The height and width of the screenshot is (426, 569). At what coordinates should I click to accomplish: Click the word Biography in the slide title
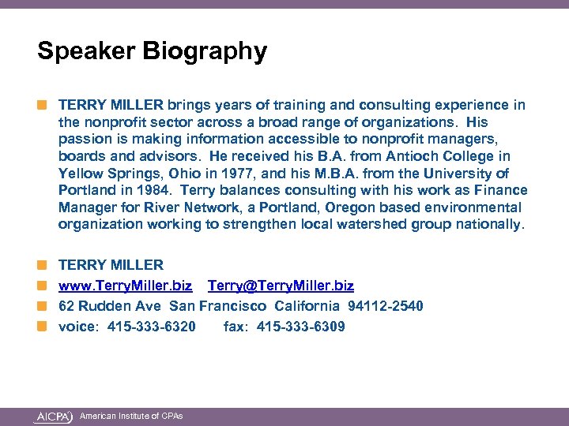click(205, 52)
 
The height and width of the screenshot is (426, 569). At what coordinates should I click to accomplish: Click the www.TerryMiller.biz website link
click(125, 286)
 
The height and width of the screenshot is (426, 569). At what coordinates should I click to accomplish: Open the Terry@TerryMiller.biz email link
click(281, 286)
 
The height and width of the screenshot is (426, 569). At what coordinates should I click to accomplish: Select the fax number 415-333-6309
click(299, 326)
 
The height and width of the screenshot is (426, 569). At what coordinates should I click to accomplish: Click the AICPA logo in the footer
click(54, 416)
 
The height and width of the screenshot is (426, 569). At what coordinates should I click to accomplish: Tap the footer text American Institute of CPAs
click(131, 416)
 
